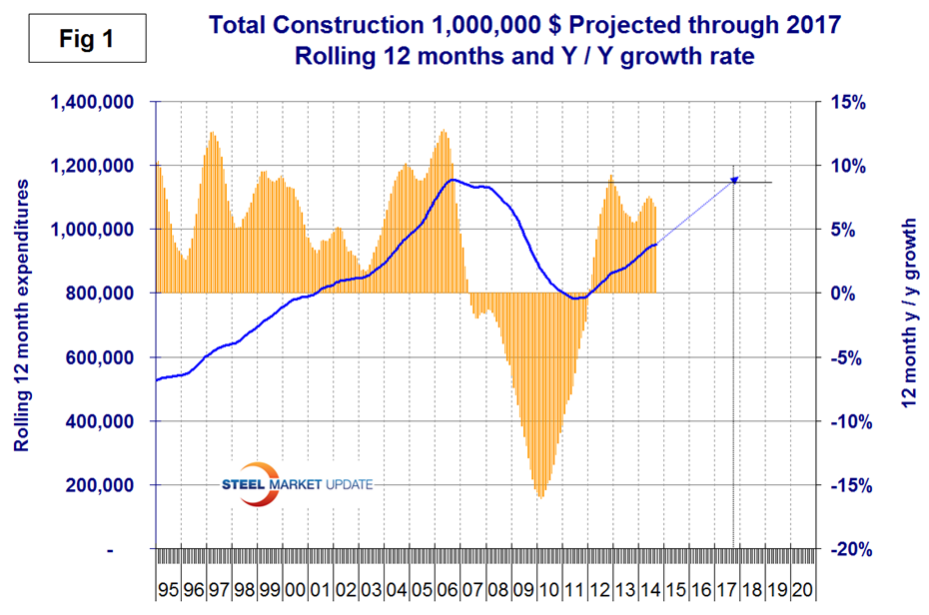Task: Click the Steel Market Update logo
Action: pyautogui.click(x=297, y=483)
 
